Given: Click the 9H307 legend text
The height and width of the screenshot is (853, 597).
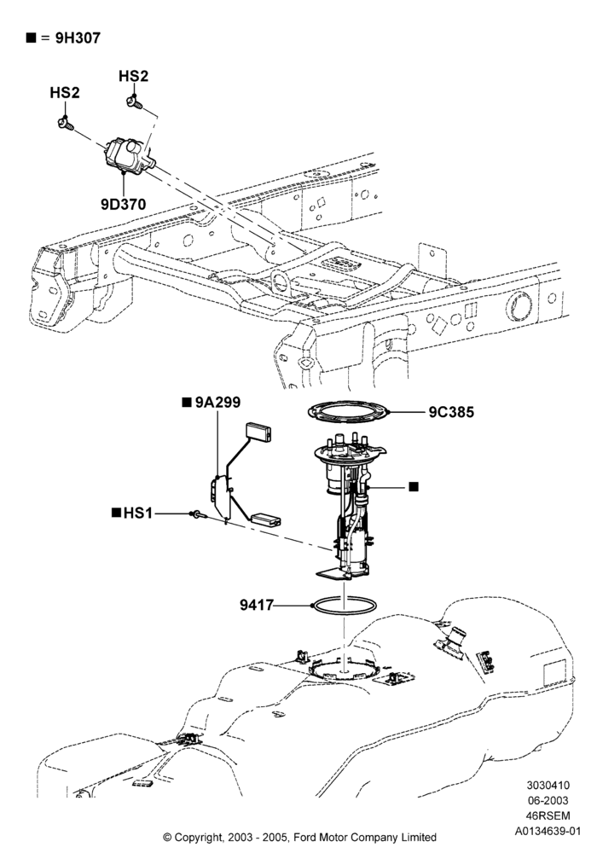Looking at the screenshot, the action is pos(78,38).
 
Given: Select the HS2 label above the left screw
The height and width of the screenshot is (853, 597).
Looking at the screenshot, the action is pos(65,92).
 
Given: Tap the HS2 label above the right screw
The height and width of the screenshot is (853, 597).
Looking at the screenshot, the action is pos(133,76).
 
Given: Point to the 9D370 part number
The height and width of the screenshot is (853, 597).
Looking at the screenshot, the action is pos(124,205).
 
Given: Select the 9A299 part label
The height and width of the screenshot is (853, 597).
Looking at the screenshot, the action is pos(217,402).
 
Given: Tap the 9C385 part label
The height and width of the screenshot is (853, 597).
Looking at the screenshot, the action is pos(451,412).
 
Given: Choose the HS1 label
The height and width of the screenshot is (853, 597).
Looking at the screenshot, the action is pos(138,513).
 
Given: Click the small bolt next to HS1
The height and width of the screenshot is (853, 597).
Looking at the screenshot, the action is pos(197,514).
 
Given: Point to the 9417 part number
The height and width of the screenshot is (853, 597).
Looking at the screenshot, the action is pos(257,605).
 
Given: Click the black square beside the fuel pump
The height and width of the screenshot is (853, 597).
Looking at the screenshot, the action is pos(414,486).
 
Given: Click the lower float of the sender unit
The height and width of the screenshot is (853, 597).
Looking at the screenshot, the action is pos(265,519).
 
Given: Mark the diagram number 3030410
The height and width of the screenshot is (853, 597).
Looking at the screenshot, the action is pos(548,785).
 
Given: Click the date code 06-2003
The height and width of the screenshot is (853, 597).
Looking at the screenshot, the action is pos(548,800).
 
